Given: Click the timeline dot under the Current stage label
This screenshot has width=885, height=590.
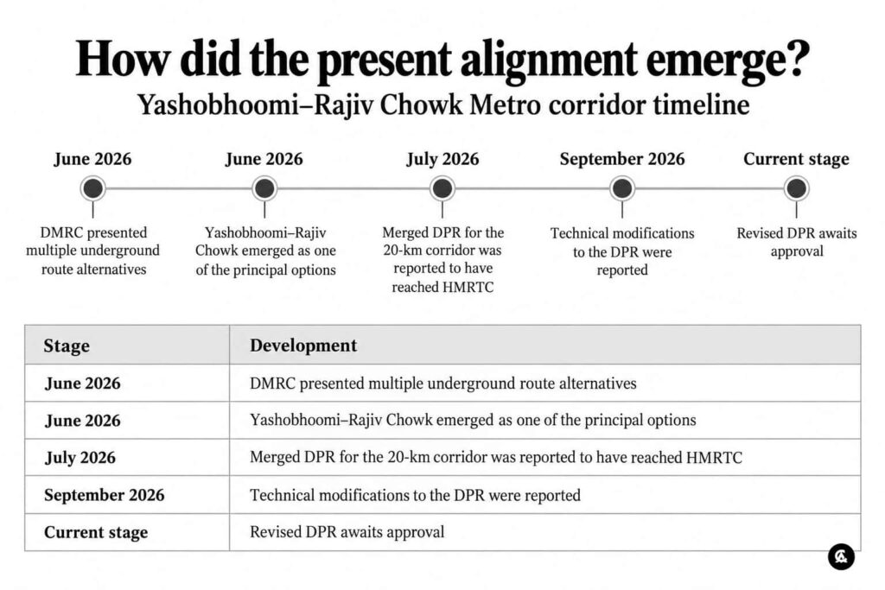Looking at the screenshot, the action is tap(796, 188).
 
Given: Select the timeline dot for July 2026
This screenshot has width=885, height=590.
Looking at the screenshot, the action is tap(442, 188).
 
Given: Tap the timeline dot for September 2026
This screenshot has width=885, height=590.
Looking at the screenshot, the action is tap(622, 188).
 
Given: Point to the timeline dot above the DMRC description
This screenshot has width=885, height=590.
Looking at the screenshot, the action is tap(93, 188).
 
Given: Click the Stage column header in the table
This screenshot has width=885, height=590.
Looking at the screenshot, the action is tap(67, 346).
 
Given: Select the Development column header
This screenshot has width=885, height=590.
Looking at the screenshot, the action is tap(303, 346).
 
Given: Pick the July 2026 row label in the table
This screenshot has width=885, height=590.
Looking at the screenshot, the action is tap(80, 458).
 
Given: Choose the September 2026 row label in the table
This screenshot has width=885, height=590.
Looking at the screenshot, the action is tap(105, 495).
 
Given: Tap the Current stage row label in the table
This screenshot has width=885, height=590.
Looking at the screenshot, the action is tap(96, 532).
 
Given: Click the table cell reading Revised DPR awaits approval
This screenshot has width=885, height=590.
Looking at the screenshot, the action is tap(347, 532).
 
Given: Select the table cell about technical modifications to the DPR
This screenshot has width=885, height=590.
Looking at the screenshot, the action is tap(416, 495).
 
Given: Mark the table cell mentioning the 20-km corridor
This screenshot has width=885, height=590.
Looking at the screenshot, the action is tap(496, 458).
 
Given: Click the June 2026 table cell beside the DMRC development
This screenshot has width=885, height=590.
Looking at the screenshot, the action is tap(82, 383).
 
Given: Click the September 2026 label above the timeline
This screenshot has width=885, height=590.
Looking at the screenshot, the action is tap(622, 159).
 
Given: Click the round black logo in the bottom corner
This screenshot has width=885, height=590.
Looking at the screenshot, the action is tap(841, 556).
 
